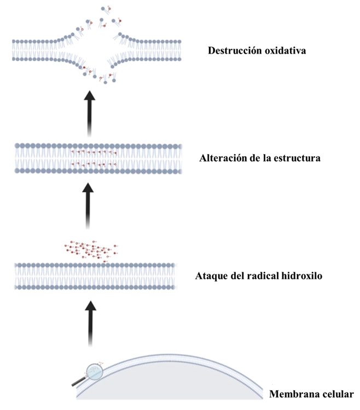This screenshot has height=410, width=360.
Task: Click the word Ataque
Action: [x=211, y=276]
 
